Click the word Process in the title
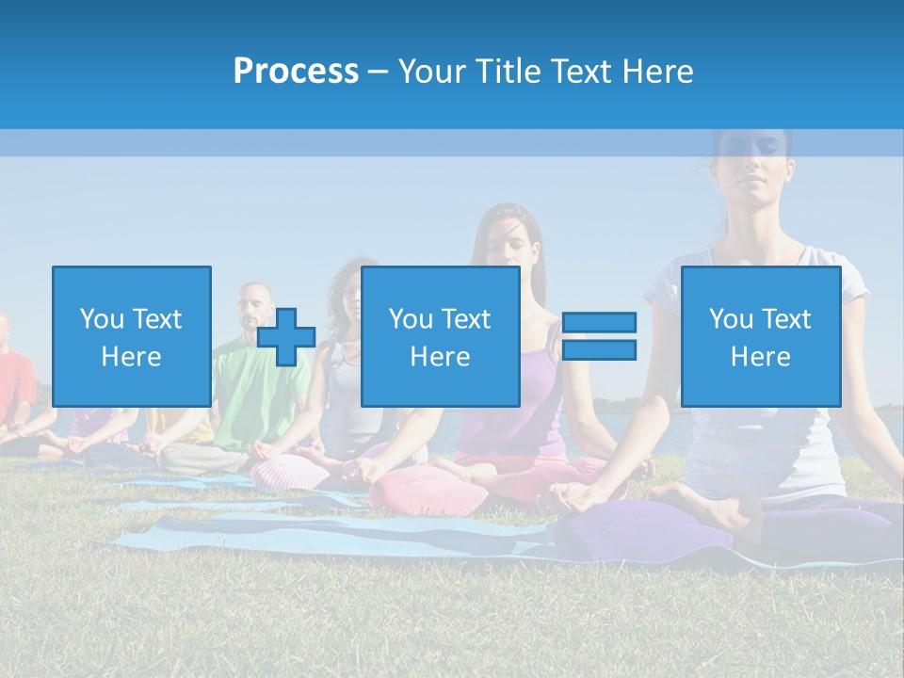[296, 72]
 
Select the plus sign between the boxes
[286, 337]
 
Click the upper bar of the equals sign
[599, 323]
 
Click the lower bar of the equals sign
[599, 350]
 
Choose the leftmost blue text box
[131, 336]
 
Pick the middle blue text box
[440, 336]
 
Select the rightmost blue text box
[760, 336]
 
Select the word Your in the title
[428, 72]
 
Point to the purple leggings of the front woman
[640, 527]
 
